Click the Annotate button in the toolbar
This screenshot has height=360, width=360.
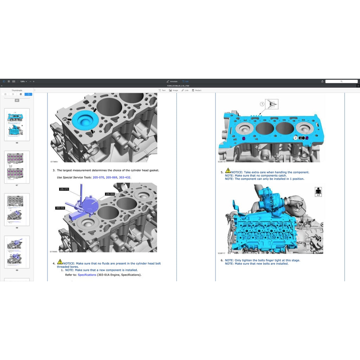(x=172, y=81)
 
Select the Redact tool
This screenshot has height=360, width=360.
(x=197, y=90)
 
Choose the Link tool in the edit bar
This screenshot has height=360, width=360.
(x=185, y=90)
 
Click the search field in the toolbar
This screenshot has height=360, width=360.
(x=341, y=81)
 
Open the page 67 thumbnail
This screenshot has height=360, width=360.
(x=17, y=167)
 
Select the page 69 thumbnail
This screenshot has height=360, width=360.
(x=17, y=252)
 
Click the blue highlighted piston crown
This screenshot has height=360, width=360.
(x=84, y=121)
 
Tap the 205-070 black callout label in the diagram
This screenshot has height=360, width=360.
(x=64, y=189)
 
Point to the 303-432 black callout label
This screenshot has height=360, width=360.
(x=60, y=208)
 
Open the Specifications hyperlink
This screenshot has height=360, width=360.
(x=87, y=275)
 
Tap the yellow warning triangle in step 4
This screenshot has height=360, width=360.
(x=60, y=262)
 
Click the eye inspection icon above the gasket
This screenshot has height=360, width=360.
(x=272, y=104)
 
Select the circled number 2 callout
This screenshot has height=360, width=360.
(x=295, y=138)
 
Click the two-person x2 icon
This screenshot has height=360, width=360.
(x=319, y=192)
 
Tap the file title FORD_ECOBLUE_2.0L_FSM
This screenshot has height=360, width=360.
(x=180, y=86)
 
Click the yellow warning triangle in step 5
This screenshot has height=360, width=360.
(x=228, y=171)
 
